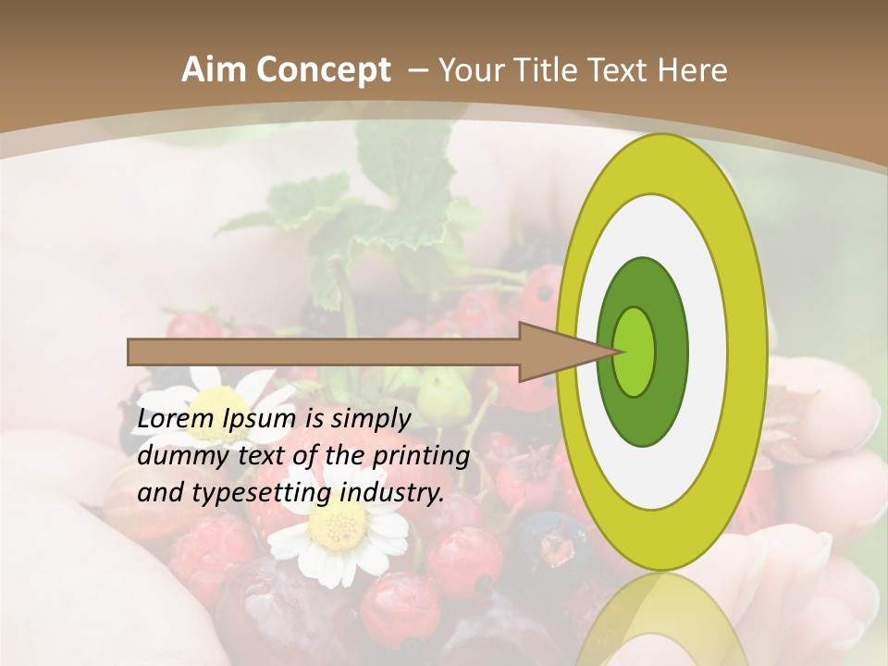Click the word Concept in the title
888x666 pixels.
coord(323,70)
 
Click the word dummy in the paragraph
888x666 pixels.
coord(177,456)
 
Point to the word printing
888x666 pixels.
coord(420,457)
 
